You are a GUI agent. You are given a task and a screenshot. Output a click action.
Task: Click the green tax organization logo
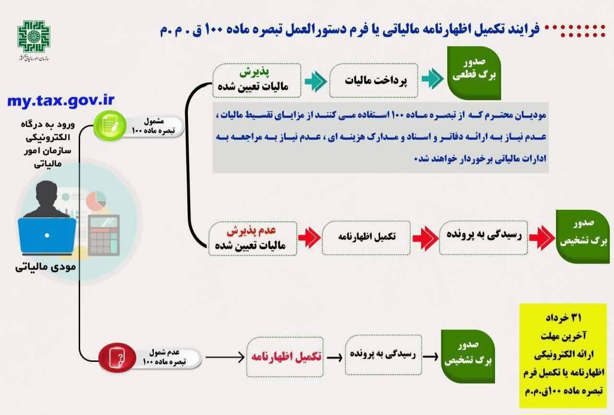tap(34, 36)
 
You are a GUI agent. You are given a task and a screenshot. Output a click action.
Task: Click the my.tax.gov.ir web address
tap(60, 101)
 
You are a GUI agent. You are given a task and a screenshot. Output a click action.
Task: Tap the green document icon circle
tap(110, 126)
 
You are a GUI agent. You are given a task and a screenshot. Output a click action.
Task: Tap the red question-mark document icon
tap(117, 357)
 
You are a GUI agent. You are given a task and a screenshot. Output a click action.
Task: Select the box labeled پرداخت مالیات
tap(374, 80)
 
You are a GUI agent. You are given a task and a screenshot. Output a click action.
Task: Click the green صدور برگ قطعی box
tap(474, 73)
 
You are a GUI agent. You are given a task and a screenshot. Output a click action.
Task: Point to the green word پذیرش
tap(254, 72)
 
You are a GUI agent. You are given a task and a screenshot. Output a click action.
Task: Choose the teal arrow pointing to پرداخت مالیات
tap(316, 81)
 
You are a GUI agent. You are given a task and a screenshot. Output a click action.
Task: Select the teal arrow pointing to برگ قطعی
tap(433, 79)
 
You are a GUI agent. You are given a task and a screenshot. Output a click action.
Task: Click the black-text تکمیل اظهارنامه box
tap(366, 238)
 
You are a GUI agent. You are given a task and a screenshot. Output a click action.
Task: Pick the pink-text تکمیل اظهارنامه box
tap(285, 357)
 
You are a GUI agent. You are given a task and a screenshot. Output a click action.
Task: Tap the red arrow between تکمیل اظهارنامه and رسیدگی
tap(425, 238)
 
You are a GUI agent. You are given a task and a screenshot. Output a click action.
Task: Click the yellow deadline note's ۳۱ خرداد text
tap(563, 318)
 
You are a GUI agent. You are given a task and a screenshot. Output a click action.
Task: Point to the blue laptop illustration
tap(47, 236)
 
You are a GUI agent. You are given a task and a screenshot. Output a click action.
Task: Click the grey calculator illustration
tap(104, 235)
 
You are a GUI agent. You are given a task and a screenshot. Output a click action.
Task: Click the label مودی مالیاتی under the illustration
tap(46, 267)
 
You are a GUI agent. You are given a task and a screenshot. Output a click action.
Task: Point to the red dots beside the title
tap(575, 30)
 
